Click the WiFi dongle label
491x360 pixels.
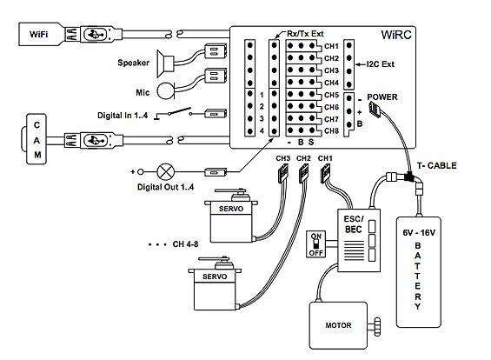(x=38, y=34)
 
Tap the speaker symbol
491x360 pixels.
(x=165, y=63)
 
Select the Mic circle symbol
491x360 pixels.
(x=165, y=90)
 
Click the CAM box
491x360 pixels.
(x=36, y=139)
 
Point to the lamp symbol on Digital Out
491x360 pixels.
(x=166, y=171)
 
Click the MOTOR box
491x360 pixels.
(x=338, y=325)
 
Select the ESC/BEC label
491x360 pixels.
(x=354, y=224)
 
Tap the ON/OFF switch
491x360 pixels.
(x=315, y=244)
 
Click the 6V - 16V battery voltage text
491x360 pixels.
(x=419, y=233)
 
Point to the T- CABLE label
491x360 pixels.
(x=436, y=165)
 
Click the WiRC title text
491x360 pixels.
(x=396, y=35)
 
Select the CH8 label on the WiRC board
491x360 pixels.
(x=332, y=130)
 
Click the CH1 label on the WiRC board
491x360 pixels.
(x=332, y=46)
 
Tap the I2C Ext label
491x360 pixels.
(x=381, y=64)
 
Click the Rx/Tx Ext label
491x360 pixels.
(x=305, y=34)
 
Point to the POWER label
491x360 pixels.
(x=382, y=97)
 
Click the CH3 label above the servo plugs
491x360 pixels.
(x=283, y=158)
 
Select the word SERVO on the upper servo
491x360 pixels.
(x=231, y=209)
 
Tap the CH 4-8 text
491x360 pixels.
(x=185, y=244)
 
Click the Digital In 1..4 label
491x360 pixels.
(x=123, y=116)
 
